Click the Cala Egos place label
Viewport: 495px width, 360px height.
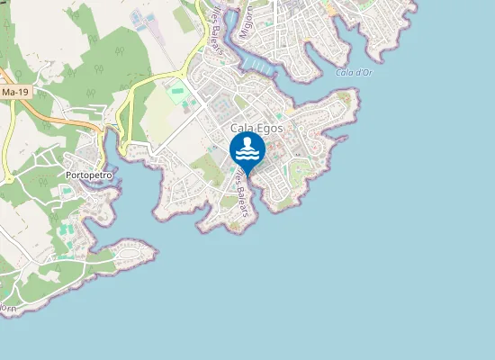click(256, 129)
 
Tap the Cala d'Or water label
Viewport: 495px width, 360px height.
click(354, 72)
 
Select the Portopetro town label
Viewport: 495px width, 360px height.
click(88, 175)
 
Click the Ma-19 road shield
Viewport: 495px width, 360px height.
click(13, 92)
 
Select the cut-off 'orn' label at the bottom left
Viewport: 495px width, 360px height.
click(8, 308)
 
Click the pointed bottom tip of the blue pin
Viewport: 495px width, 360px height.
click(247, 174)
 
